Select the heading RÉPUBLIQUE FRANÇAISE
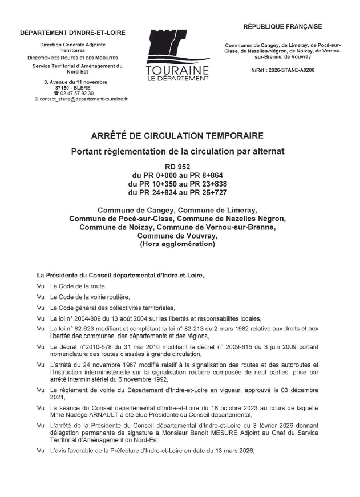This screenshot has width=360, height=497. pos(282,26)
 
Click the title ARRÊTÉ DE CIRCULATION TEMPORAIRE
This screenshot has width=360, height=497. pos(177,136)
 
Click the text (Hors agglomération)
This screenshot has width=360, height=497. pos(177,244)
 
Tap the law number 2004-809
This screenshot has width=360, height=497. pos(95,318)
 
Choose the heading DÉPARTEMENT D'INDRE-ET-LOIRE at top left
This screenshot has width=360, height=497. pos(72,33)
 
